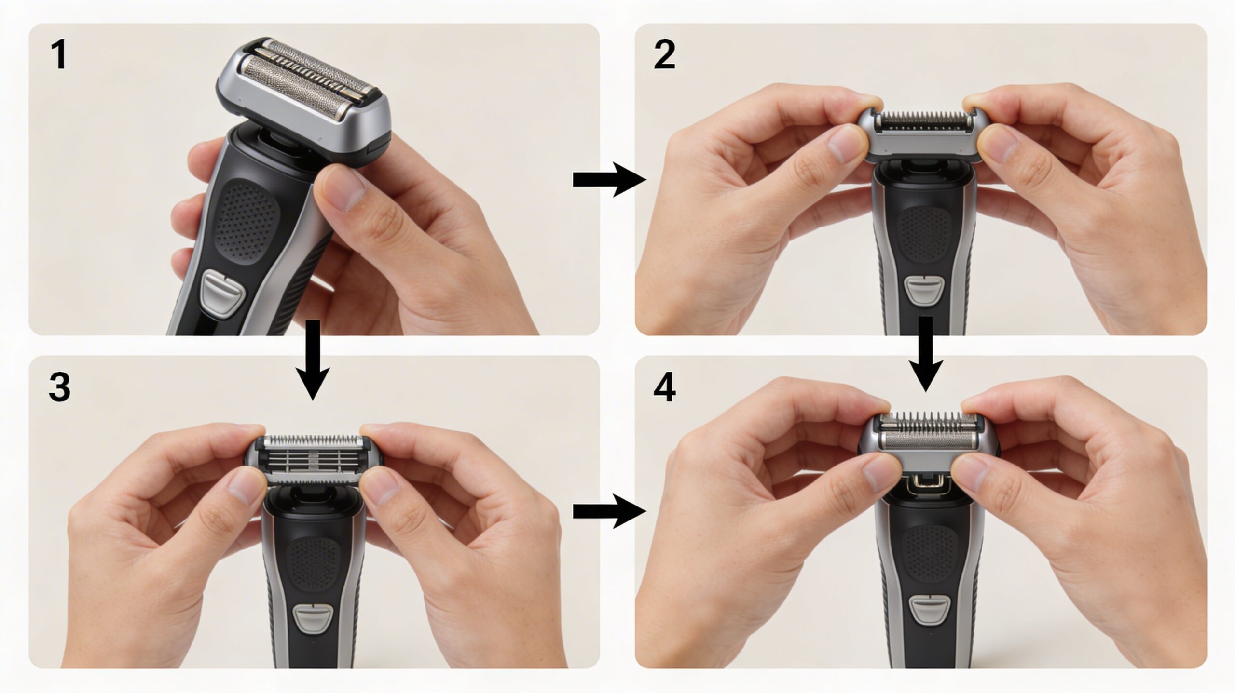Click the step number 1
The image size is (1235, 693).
coord(59,55)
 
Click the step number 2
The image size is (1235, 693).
coord(664,55)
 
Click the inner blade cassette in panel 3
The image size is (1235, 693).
coord(314,460)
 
